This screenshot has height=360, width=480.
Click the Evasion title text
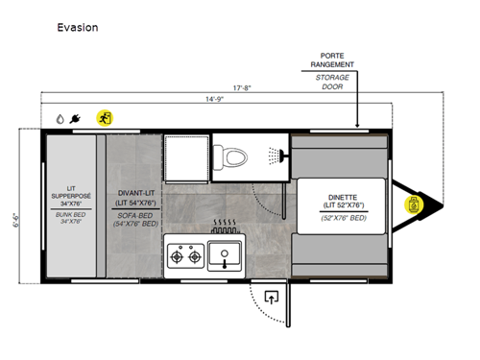77,28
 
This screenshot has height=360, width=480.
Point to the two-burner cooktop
184,256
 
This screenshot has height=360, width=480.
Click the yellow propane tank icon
414,204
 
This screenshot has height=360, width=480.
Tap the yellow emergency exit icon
104,118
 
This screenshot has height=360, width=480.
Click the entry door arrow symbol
271,298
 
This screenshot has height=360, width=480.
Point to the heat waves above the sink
225,229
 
